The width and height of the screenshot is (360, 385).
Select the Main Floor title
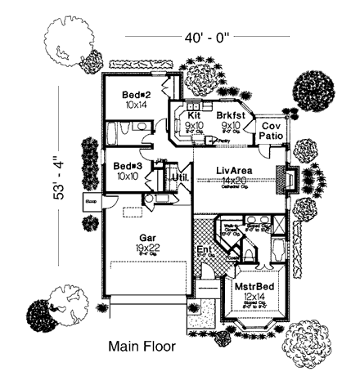(x=142, y=347)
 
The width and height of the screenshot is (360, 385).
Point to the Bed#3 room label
(x=127, y=165)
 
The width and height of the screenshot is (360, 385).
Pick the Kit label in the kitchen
(x=194, y=116)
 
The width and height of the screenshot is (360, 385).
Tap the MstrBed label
(x=254, y=288)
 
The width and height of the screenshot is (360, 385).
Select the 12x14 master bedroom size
(x=254, y=298)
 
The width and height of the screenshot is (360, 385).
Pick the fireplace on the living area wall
(x=287, y=178)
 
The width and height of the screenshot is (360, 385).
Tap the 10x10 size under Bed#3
(x=127, y=176)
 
